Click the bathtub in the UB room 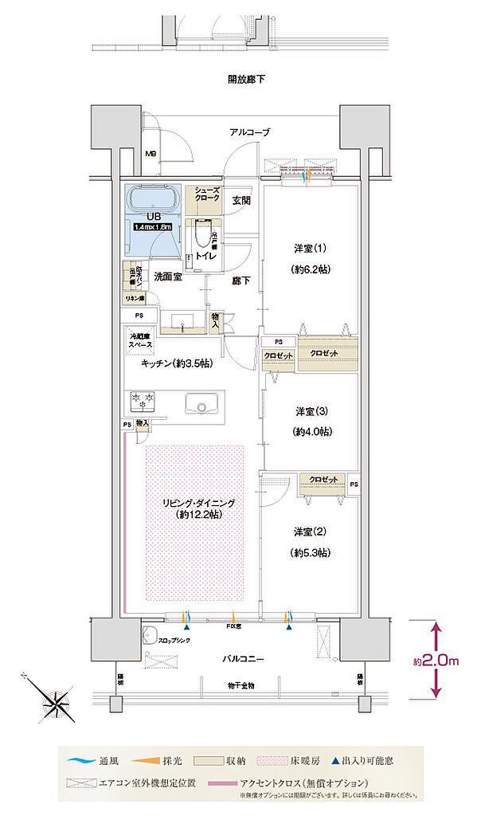(154, 201)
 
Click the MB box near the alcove (150, 155)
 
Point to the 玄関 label (241, 200)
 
